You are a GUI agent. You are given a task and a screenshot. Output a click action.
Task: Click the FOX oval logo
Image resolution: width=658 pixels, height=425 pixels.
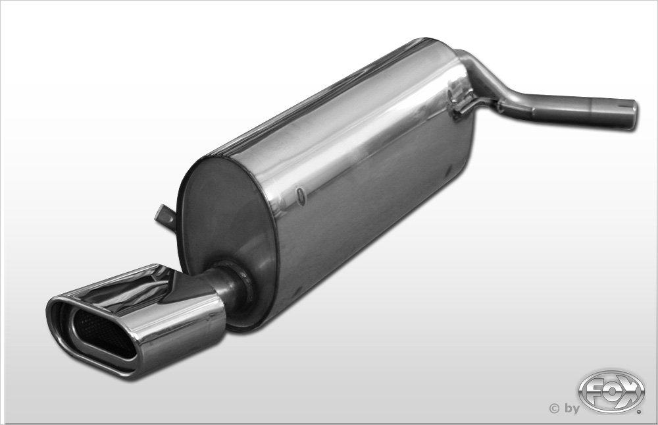611,391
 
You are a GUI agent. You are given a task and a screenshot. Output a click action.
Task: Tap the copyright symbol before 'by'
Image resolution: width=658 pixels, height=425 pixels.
554,407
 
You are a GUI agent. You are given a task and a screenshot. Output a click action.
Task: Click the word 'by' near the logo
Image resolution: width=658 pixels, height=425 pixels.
572,409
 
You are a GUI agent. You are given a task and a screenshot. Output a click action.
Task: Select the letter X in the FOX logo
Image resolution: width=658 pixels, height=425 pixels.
628,390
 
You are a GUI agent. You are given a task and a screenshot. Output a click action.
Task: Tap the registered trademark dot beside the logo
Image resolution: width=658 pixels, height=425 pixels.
639,412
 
